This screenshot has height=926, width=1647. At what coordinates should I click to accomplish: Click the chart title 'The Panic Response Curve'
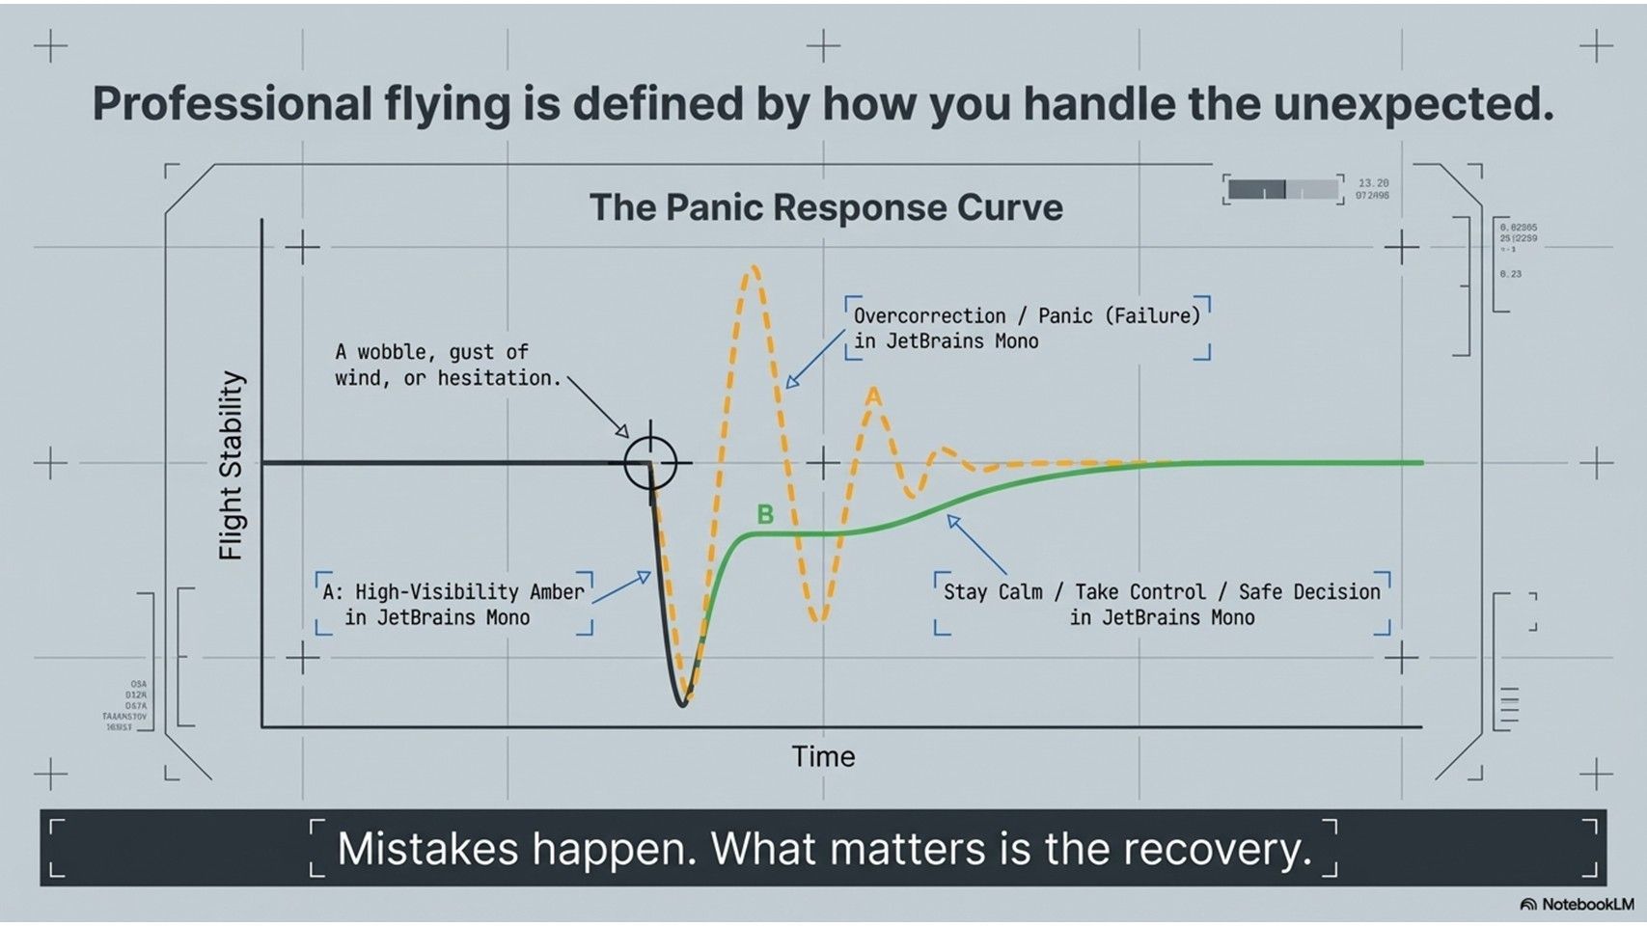[x=826, y=207]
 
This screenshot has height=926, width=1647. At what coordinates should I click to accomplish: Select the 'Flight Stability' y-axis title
[x=232, y=465]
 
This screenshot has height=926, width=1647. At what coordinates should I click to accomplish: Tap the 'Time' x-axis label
[x=823, y=756]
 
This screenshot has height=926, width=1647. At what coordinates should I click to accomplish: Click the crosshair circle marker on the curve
[x=650, y=463]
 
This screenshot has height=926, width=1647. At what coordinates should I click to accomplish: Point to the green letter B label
[x=765, y=514]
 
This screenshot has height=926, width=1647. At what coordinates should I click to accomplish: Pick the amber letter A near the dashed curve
[x=873, y=396]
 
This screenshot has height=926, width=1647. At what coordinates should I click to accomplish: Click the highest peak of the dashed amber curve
[x=752, y=271]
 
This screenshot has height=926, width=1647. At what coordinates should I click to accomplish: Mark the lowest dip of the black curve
[x=682, y=703]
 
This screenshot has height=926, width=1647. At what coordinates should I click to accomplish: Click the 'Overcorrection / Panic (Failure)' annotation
[x=1027, y=316]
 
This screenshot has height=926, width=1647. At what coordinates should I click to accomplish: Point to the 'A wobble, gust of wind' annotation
[x=447, y=365]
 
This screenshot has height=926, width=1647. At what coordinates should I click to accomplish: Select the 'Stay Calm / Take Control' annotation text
[x=1161, y=592]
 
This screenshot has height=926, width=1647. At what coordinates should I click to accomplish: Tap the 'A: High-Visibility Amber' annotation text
[x=453, y=592]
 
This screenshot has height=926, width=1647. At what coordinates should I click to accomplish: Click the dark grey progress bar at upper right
[x=1256, y=189]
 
